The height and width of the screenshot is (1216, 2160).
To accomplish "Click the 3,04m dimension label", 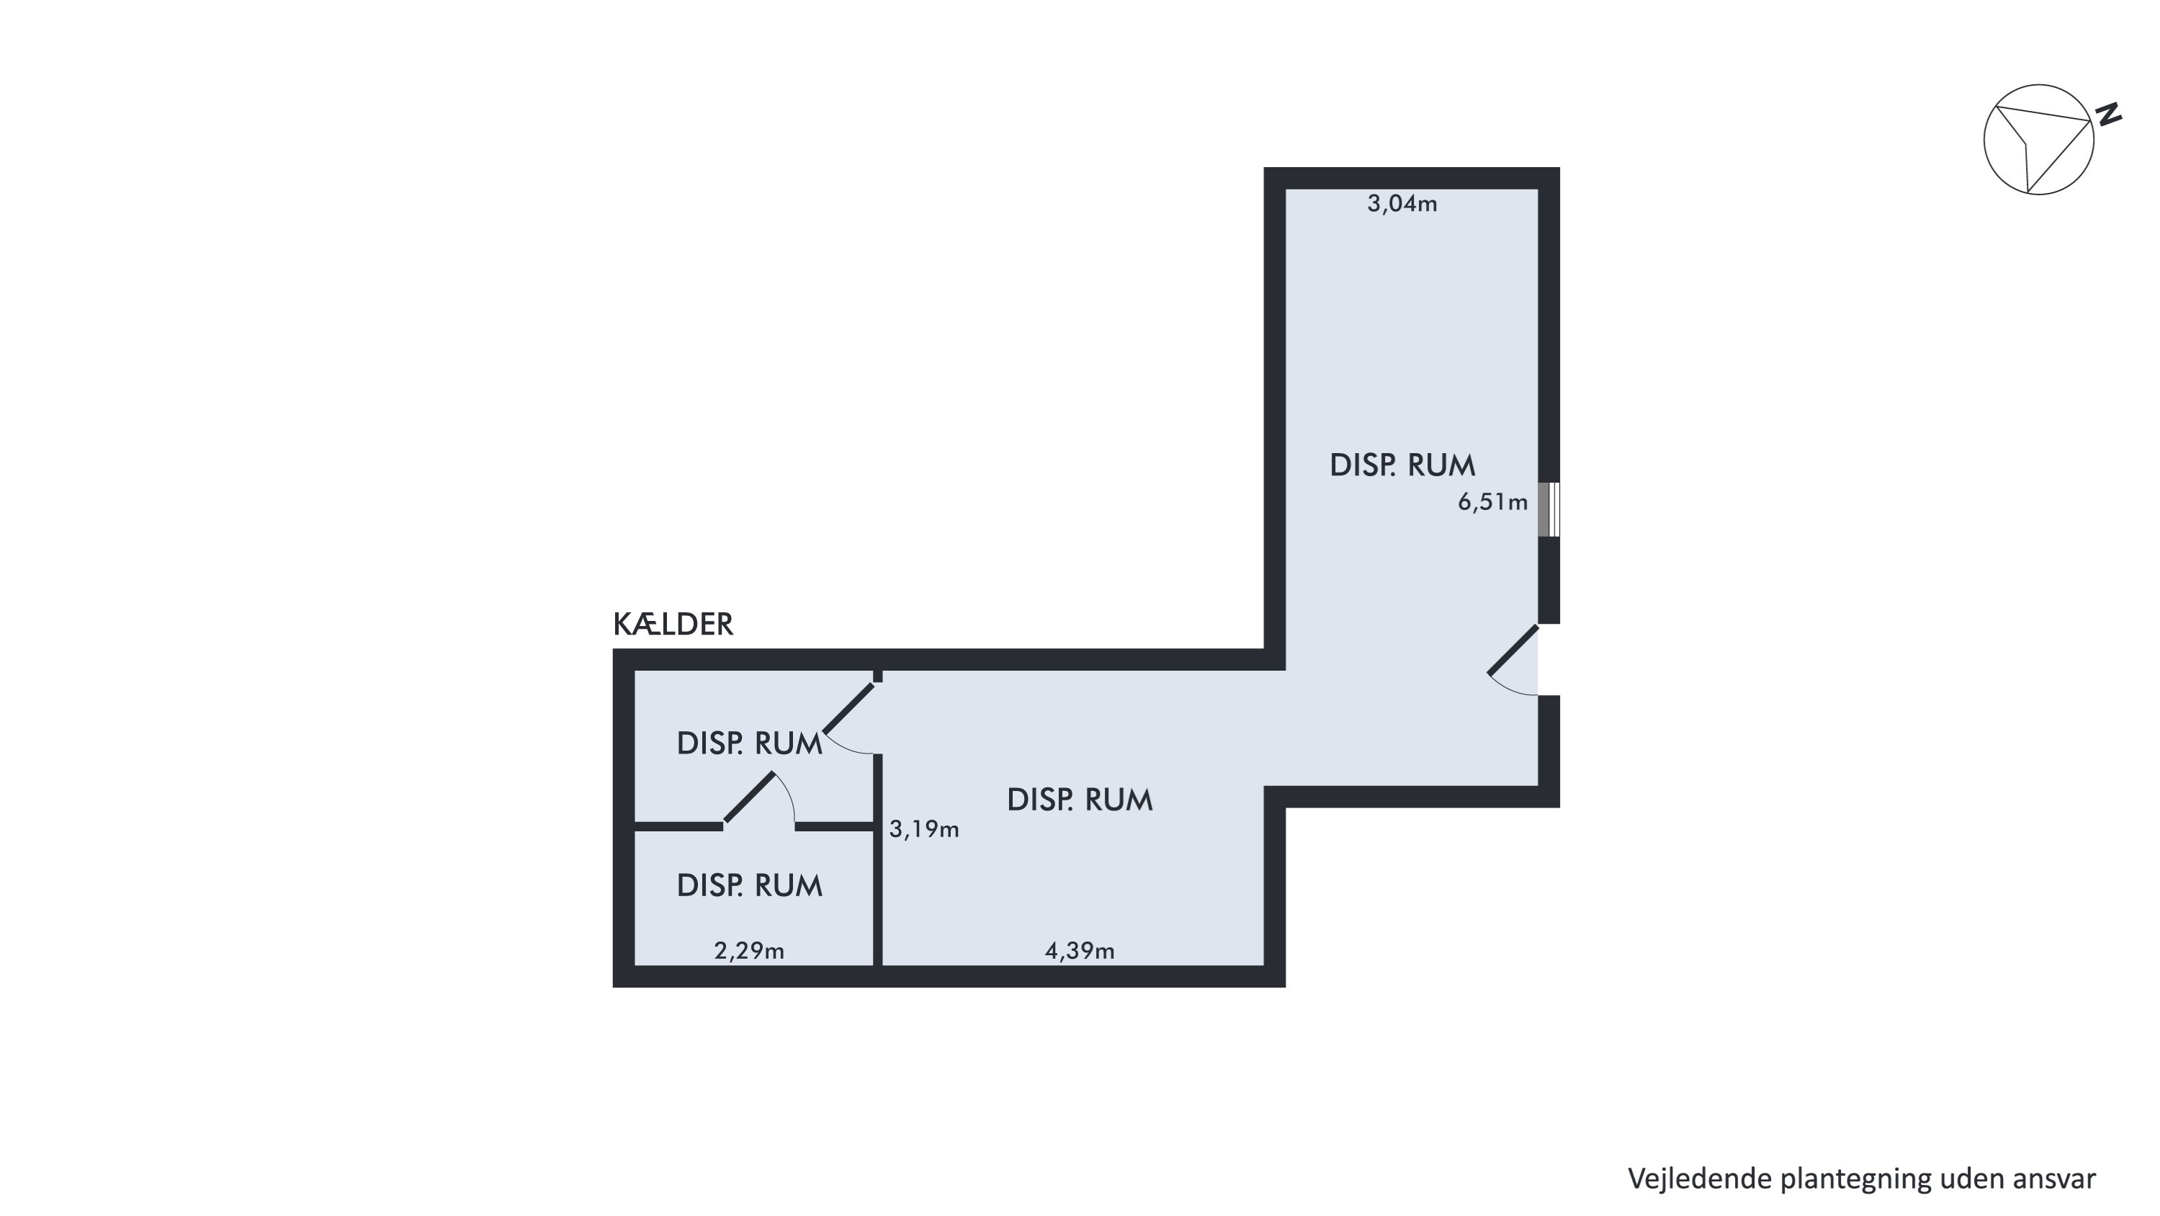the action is click(x=1402, y=204).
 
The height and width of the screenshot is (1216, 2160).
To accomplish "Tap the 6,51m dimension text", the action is click(x=1492, y=502).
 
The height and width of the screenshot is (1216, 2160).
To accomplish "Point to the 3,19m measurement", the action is click(x=924, y=829).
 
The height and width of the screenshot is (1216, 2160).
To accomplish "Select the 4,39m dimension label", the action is click(x=1079, y=951).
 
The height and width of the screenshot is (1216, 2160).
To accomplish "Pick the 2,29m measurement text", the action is click(x=749, y=951).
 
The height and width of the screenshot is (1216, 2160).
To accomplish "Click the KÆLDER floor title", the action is click(x=673, y=625).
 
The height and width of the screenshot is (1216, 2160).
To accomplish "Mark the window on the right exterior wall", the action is click(x=1549, y=510).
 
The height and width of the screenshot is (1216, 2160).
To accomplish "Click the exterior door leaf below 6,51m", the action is click(x=1513, y=649).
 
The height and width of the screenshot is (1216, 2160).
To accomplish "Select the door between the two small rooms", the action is click(x=749, y=797).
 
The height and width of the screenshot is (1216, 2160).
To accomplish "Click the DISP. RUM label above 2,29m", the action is click(x=750, y=885).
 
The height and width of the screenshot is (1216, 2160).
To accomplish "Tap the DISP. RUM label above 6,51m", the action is click(x=1402, y=465).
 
